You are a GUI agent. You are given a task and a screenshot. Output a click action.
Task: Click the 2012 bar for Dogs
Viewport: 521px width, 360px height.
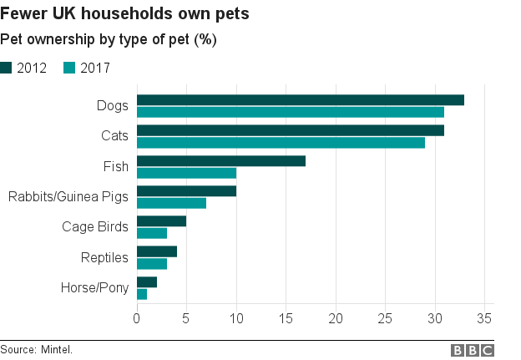pyautogui.click(x=301, y=100)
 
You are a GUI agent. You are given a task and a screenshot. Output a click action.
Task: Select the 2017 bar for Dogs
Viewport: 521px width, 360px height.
pyautogui.click(x=291, y=112)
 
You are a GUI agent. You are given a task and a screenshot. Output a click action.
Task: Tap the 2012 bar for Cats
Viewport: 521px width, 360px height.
pyautogui.click(x=291, y=130)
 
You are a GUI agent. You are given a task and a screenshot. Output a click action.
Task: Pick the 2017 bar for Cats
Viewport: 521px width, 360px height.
pyautogui.click(x=281, y=142)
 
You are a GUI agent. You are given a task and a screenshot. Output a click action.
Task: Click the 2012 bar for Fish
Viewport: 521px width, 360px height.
pyautogui.click(x=221, y=161)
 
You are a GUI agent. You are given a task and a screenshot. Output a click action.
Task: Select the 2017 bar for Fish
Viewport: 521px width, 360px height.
pyautogui.click(x=186, y=173)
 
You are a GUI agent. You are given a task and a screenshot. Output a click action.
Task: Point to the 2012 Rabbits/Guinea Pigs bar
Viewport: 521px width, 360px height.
pyautogui.click(x=186, y=191)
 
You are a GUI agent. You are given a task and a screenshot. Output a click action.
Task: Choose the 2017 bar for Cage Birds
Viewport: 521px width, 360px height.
pyautogui.click(x=152, y=233)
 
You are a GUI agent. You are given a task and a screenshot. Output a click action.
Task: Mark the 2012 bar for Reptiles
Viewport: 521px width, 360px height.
pyautogui.click(x=157, y=251)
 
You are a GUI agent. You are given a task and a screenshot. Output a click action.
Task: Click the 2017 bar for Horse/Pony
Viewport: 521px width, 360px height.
pyautogui.click(x=142, y=294)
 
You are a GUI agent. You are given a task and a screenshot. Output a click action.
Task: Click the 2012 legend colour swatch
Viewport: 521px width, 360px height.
pyautogui.click(x=7, y=68)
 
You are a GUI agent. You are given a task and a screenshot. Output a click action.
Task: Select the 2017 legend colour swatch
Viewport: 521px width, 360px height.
pyautogui.click(x=69, y=68)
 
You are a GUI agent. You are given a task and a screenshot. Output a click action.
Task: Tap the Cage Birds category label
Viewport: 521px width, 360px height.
pyautogui.click(x=95, y=227)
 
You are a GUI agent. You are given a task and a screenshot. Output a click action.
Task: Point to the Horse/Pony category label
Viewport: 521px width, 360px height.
pyautogui.click(x=94, y=288)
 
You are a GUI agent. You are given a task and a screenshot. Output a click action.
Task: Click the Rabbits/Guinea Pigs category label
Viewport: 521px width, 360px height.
pyautogui.click(x=68, y=197)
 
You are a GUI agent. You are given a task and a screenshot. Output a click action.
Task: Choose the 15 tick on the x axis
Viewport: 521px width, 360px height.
pyautogui.click(x=286, y=318)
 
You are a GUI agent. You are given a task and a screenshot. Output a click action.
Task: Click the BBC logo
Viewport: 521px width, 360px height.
pyautogui.click(x=472, y=350)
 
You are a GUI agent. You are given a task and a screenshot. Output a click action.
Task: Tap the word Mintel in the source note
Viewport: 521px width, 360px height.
pyautogui.click(x=56, y=349)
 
